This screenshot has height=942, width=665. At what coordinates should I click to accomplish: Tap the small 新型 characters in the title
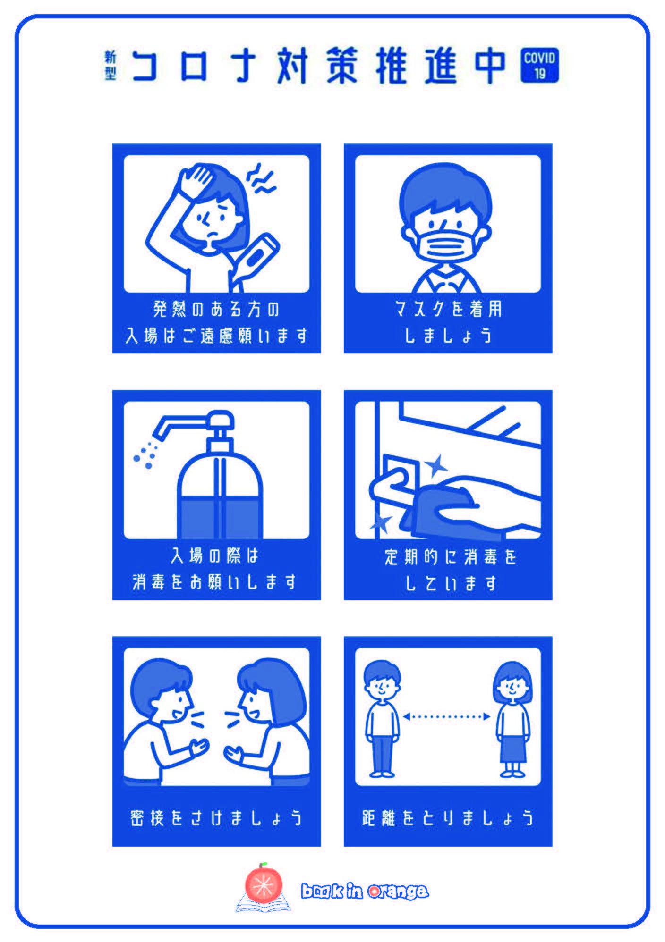pos(110,66)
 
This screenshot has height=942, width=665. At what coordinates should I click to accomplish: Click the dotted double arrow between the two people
pos(447,716)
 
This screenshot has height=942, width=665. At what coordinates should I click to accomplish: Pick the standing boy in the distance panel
pos(382,717)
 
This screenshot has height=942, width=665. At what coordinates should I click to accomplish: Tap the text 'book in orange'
pos(365,891)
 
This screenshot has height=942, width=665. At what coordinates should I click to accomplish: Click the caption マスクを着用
pos(448,310)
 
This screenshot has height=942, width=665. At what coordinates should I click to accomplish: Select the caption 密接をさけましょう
pos(216,817)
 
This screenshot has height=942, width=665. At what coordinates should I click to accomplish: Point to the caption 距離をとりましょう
pos(448,817)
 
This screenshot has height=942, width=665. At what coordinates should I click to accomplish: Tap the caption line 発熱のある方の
pos(216,310)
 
